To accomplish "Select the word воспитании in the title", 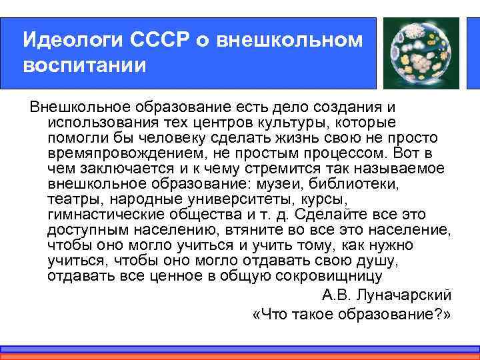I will point(84,66).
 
